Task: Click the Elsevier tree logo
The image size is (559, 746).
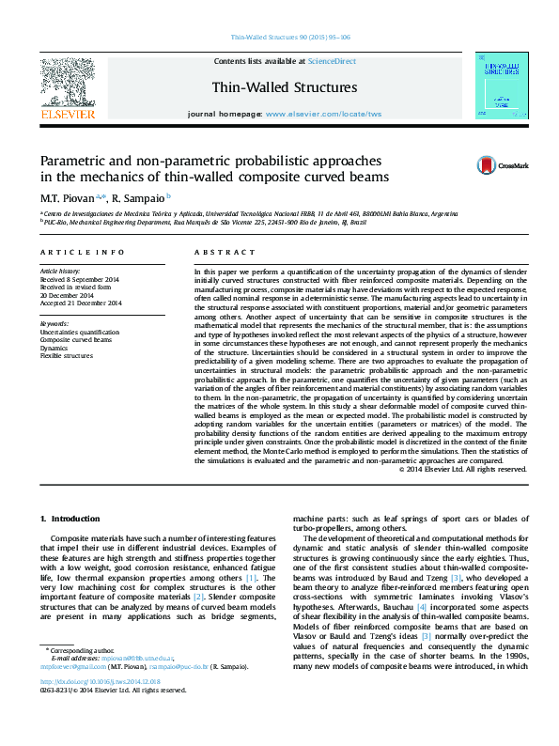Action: pos(67,83)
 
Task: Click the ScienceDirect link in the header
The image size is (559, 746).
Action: pos(333,60)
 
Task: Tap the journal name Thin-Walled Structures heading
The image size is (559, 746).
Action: pos(285,87)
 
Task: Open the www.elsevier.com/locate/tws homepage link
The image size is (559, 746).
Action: pos(324,113)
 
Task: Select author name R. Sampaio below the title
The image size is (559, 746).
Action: pos(139,198)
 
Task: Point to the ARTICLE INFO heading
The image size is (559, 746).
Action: pos(82,253)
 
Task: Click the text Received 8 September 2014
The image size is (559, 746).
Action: pos(79,279)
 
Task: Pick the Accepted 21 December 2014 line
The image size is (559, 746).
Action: pos(81,303)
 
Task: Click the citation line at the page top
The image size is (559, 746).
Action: pos(290,39)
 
